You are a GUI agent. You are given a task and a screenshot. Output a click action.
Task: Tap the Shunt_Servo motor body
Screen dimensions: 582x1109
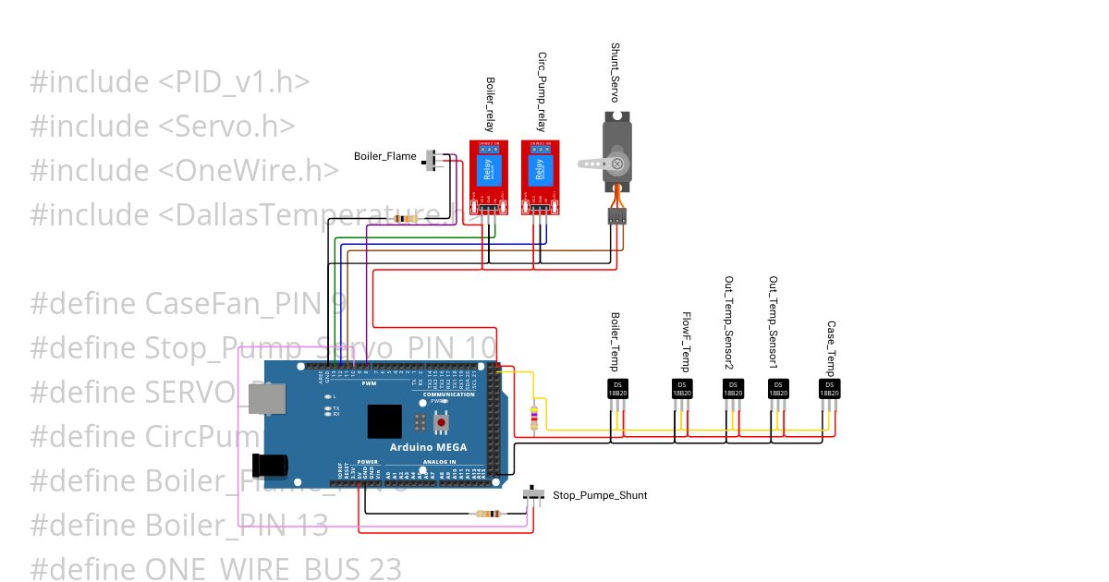point(616,152)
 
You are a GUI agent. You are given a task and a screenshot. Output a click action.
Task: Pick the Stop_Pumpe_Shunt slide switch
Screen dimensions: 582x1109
point(534,495)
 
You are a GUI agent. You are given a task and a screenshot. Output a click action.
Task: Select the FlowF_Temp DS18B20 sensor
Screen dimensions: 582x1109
point(681,390)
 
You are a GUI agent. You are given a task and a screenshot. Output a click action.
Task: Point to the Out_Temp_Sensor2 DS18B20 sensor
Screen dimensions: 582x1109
point(731,390)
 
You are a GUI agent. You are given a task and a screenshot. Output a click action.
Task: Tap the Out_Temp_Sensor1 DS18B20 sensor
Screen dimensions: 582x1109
point(778,390)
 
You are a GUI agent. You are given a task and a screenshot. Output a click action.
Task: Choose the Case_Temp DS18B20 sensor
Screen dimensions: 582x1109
point(830,390)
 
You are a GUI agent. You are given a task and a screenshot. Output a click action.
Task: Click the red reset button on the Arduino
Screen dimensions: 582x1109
point(442,424)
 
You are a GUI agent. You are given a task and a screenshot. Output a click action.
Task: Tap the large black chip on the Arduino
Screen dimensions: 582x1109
point(384,421)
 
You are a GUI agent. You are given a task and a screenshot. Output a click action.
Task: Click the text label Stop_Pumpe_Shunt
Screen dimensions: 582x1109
point(600,496)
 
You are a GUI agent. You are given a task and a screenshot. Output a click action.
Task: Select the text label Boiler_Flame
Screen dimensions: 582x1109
point(384,156)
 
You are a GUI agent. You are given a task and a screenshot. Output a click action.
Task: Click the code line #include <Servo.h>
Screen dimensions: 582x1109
point(163,127)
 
